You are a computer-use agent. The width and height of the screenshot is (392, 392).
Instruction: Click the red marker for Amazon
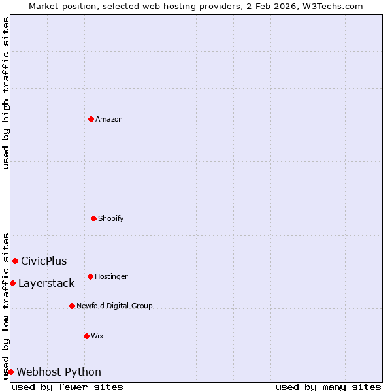91,119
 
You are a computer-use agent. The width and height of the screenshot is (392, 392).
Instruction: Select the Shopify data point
93,218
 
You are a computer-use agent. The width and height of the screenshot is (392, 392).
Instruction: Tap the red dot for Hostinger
90,276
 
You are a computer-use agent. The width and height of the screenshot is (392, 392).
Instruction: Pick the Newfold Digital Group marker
72,306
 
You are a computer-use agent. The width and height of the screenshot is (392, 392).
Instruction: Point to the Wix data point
86,336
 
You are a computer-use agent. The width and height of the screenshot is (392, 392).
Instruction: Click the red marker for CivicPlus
15,261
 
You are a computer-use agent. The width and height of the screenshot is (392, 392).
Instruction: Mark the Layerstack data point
12,283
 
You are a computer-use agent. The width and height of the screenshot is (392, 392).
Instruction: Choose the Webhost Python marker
10,372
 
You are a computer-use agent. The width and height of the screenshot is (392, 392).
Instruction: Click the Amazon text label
109,119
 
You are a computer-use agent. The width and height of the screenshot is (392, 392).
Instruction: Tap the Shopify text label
111,218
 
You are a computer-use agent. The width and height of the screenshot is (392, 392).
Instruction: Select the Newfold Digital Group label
114,306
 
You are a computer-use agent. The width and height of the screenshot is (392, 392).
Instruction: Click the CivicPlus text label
44,261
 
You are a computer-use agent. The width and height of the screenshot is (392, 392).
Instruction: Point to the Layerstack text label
46,284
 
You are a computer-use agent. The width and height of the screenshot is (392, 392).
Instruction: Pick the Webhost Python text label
59,372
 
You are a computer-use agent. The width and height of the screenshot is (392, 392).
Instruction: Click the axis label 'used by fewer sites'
67,387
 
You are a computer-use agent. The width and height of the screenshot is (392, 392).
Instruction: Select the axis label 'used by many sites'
328,387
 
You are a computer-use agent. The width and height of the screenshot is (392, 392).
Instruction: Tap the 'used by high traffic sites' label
6,93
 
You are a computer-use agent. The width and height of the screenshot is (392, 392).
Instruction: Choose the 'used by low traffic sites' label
6,305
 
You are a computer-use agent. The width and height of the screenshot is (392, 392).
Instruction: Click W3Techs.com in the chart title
332,6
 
